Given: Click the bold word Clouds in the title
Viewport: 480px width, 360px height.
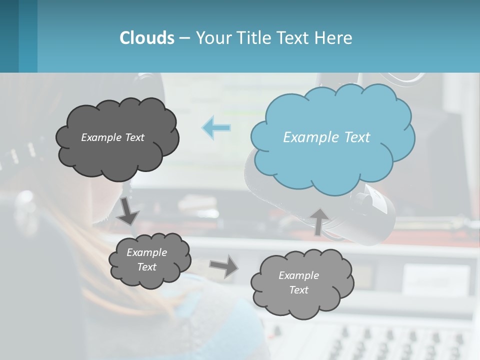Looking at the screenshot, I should [x=146, y=38].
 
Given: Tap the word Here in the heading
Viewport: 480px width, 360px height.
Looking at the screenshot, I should [x=334, y=38].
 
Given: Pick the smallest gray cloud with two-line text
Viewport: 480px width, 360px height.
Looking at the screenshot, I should [x=149, y=260].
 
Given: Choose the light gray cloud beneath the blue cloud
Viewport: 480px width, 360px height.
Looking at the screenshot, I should [x=301, y=283].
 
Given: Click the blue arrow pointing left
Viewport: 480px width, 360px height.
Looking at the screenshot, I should [x=216, y=127].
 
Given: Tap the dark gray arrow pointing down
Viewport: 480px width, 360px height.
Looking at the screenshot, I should [x=128, y=212].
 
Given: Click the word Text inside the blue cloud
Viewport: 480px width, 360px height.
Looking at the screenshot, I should [x=357, y=137].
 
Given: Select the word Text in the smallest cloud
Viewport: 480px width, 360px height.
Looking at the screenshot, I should [x=147, y=267].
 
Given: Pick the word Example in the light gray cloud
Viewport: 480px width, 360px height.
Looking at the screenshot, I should [x=298, y=275].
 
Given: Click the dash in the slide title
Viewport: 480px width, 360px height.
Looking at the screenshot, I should [x=184, y=38].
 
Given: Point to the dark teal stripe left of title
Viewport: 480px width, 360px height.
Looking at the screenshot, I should [x=9, y=36].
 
